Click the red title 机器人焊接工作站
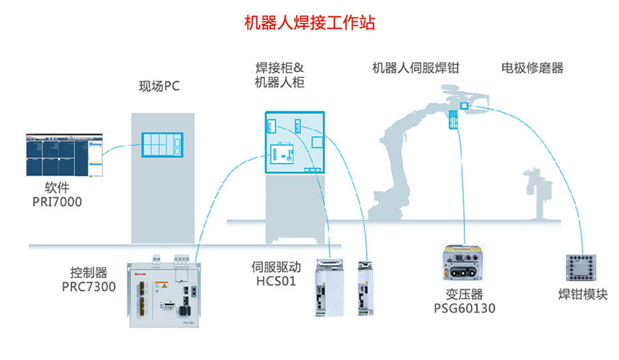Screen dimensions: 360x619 309,22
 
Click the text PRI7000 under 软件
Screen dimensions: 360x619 57,201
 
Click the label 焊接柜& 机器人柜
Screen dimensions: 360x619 279,75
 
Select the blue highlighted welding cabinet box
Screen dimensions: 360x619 295,142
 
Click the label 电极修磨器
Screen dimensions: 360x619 532,68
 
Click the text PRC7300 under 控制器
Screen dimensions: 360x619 89,287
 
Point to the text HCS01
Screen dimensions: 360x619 276,281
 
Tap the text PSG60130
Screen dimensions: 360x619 464,309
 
